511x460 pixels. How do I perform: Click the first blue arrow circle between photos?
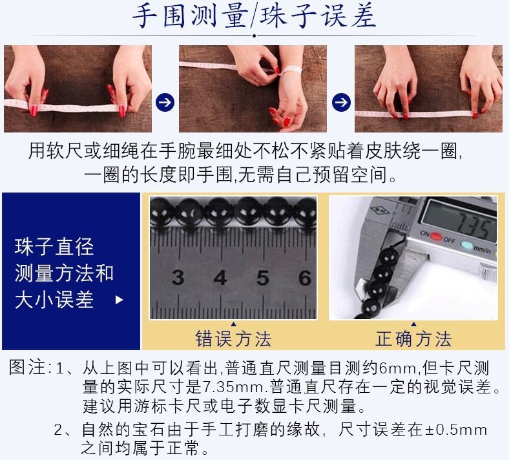pos(165,102)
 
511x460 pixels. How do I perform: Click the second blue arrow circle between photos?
pos(341,102)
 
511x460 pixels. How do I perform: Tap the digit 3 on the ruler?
pos(178,278)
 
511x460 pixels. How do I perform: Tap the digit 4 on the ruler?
pos(220,278)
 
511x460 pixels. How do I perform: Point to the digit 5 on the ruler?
pos(263,278)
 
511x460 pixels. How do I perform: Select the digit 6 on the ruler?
pos(305,278)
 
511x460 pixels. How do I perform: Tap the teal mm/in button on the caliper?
pos(468,245)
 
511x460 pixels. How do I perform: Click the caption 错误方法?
pos(233,339)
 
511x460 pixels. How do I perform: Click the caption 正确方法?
pos(413,339)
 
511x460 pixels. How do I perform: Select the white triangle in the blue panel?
pos(120,300)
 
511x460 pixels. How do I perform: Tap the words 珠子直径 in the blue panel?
pos(54,247)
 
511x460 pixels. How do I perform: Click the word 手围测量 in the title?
pos(190,16)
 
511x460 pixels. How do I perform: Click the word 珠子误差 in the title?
pos(318,16)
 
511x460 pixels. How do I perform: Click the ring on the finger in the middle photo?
pos(256,79)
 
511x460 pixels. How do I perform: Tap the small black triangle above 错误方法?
pos(233,324)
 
